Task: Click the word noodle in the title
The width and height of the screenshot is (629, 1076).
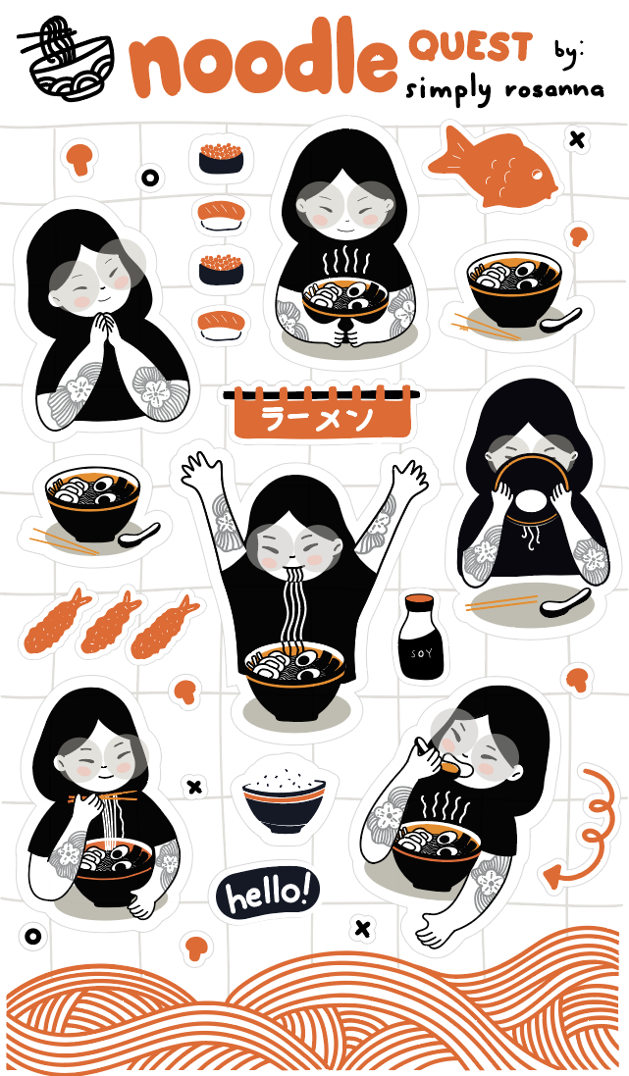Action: click(263, 60)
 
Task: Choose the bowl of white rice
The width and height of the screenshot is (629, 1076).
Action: click(284, 794)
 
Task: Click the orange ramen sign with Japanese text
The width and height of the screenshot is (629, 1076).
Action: click(321, 412)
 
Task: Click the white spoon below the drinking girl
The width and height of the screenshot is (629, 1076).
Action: click(565, 602)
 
